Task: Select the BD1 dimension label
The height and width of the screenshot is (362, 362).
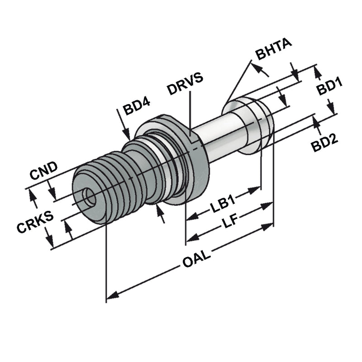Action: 329,87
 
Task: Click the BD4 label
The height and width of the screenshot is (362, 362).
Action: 137,108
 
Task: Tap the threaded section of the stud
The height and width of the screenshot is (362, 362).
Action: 118,181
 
